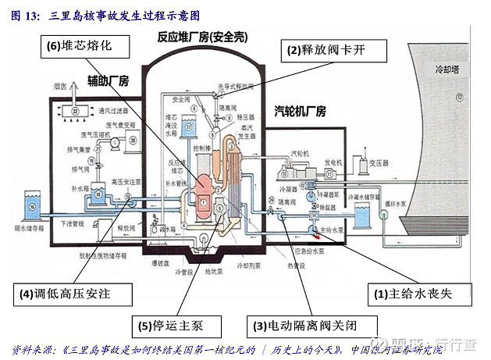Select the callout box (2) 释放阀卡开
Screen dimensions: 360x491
pyautogui.click(x=334, y=50)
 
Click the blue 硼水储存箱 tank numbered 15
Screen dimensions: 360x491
pyautogui.click(x=33, y=205)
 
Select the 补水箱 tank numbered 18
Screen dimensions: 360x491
pyautogui.click(x=98, y=191)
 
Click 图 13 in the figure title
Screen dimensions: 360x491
pyautogui.click(x=22, y=15)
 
